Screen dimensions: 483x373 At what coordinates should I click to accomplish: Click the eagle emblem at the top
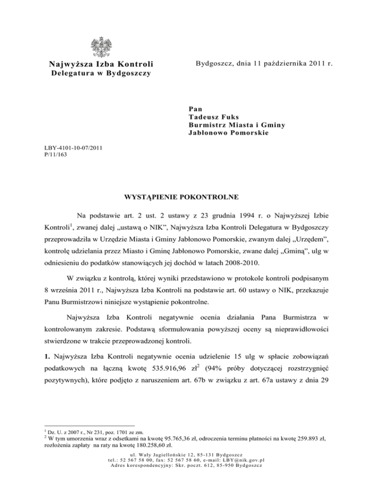pyautogui.click(x=102, y=48)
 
